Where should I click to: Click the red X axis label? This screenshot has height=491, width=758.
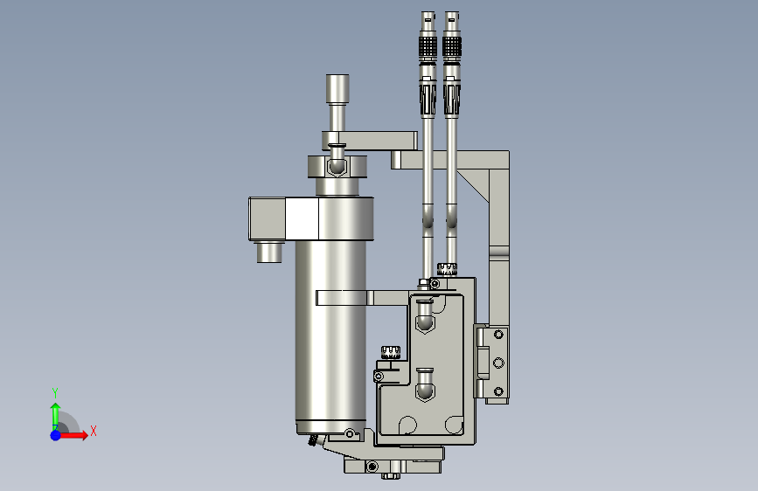(94, 431)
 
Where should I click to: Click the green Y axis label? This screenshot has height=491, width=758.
(55, 393)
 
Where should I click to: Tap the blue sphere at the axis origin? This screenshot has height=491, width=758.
(56, 435)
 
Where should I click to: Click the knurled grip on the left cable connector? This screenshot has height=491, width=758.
(428, 47)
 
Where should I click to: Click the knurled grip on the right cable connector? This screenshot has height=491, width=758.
(451, 47)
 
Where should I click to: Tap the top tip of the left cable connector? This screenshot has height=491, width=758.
(428, 12)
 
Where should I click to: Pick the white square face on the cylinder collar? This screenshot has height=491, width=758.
(303, 218)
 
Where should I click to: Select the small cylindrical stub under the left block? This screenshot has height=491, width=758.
(269, 252)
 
